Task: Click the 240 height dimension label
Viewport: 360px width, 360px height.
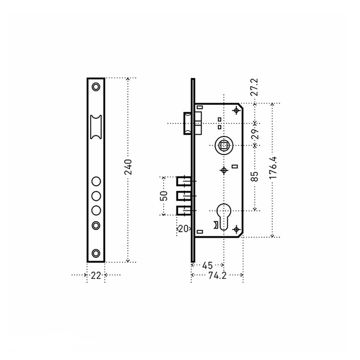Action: coord(128,167)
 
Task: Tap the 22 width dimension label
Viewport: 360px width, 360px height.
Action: coord(96,275)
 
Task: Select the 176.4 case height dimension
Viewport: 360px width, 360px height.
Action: coord(273,168)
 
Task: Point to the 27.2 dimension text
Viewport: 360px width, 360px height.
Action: coord(255,87)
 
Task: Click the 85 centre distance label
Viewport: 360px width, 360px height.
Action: coord(255,176)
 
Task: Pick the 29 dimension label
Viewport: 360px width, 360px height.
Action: coord(255,134)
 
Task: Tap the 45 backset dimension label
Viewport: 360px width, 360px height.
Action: coord(207,266)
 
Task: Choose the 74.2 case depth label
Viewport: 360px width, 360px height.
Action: coord(217,275)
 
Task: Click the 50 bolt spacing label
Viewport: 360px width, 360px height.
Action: coord(164,196)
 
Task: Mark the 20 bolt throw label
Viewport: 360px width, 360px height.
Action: coord(183,229)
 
